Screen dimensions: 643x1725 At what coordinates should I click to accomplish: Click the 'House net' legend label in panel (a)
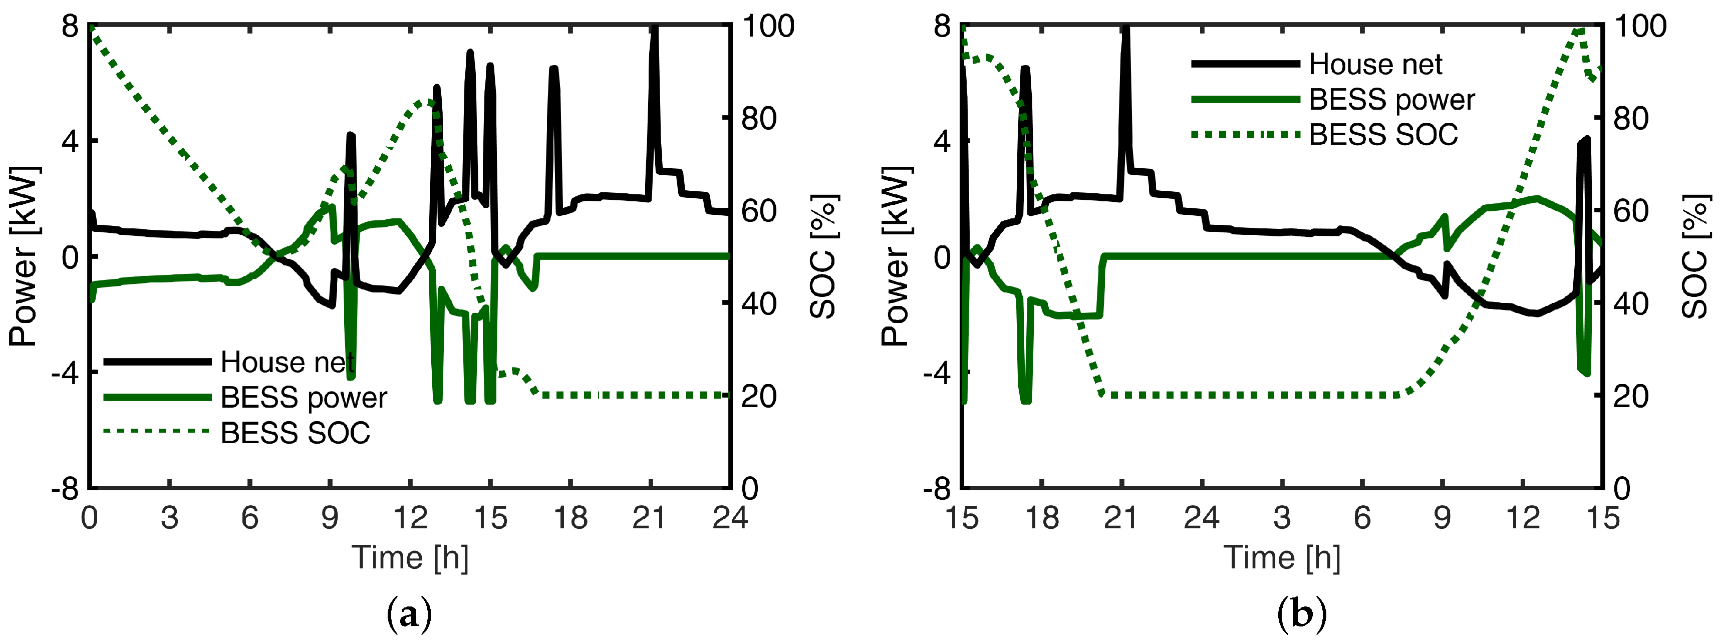287,363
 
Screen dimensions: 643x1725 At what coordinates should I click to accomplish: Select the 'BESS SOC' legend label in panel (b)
1383,135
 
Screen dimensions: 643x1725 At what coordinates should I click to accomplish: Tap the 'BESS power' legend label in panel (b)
1391,100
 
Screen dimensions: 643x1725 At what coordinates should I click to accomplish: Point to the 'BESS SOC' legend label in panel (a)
296,433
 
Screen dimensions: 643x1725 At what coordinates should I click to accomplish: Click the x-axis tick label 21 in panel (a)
650,518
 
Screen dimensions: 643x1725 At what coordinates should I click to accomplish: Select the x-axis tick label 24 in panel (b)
1201,518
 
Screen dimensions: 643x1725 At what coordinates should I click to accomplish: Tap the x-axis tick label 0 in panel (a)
90,518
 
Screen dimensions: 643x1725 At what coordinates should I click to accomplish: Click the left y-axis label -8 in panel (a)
65,488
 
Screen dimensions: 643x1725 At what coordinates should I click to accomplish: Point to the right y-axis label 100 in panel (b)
1640,27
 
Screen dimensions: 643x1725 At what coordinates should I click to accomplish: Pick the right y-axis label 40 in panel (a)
759,304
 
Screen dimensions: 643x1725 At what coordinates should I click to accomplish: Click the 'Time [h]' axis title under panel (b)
1282,558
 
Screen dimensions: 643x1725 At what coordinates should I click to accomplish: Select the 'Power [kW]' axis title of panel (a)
24,256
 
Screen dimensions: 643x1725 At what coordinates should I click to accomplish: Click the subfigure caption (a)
409,614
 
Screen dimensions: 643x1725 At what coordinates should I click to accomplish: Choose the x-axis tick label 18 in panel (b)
1042,518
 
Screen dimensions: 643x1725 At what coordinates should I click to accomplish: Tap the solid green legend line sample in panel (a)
157,397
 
